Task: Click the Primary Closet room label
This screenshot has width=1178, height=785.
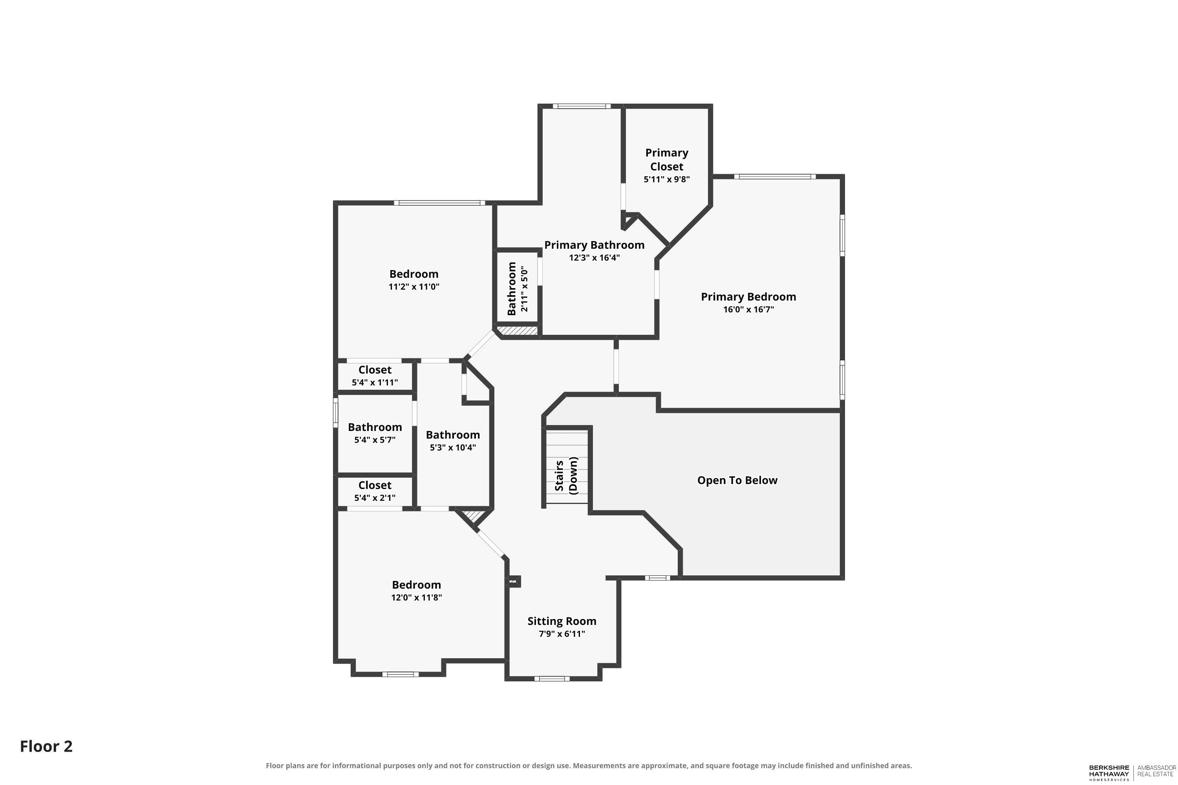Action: tap(667, 159)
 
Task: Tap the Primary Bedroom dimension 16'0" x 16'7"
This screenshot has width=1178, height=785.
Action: tap(748, 309)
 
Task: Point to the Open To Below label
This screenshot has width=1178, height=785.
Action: tap(737, 480)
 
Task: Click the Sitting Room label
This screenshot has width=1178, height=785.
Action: tap(562, 621)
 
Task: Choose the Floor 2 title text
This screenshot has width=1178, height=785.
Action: tap(46, 747)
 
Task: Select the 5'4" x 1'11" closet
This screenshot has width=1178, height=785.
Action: tap(375, 376)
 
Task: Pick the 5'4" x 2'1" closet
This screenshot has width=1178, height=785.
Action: tap(375, 491)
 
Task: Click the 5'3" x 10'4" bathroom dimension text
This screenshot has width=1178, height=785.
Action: tap(453, 447)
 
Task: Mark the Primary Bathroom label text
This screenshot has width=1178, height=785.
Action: tap(594, 245)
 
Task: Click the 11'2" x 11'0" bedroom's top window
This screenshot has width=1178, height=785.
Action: tap(439, 203)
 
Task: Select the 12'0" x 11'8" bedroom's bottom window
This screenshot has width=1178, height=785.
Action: tap(401, 674)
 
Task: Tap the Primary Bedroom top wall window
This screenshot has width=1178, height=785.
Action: tap(775, 176)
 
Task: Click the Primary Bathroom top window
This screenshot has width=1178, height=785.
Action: tap(582, 106)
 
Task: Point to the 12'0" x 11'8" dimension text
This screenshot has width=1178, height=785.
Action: tap(416, 598)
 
